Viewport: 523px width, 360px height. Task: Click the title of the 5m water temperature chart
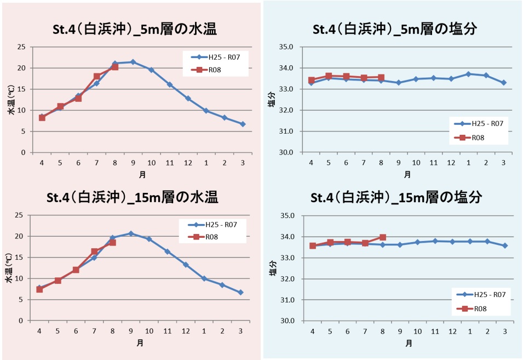point(135,29)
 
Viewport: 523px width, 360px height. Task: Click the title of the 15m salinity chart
point(396,197)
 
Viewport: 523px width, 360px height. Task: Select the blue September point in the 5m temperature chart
point(133,62)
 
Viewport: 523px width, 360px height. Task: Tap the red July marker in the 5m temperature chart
point(97,76)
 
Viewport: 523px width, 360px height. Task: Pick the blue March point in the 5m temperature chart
point(243,124)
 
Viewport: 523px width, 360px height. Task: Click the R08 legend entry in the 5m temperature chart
point(206,70)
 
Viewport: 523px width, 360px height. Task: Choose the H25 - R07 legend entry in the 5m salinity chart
point(479,124)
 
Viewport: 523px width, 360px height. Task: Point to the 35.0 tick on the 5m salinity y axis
point(286,47)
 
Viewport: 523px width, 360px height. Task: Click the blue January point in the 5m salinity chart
point(468,74)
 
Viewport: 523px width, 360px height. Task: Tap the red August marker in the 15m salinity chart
point(383,237)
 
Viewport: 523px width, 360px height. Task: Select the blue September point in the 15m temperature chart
point(131,233)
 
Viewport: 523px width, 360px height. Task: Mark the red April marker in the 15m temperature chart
point(39,289)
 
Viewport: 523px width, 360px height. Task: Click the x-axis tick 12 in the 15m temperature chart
point(186,332)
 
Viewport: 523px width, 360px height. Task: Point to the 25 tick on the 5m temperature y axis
point(21,47)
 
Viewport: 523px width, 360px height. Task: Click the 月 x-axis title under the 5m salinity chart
point(407,174)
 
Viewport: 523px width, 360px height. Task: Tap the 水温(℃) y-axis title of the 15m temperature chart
point(9,268)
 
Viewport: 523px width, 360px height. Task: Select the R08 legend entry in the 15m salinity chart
point(472,309)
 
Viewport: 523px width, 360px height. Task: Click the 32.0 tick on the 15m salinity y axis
point(286,279)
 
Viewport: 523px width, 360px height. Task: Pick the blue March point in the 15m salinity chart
point(505,245)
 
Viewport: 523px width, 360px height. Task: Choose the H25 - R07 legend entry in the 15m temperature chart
point(212,225)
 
